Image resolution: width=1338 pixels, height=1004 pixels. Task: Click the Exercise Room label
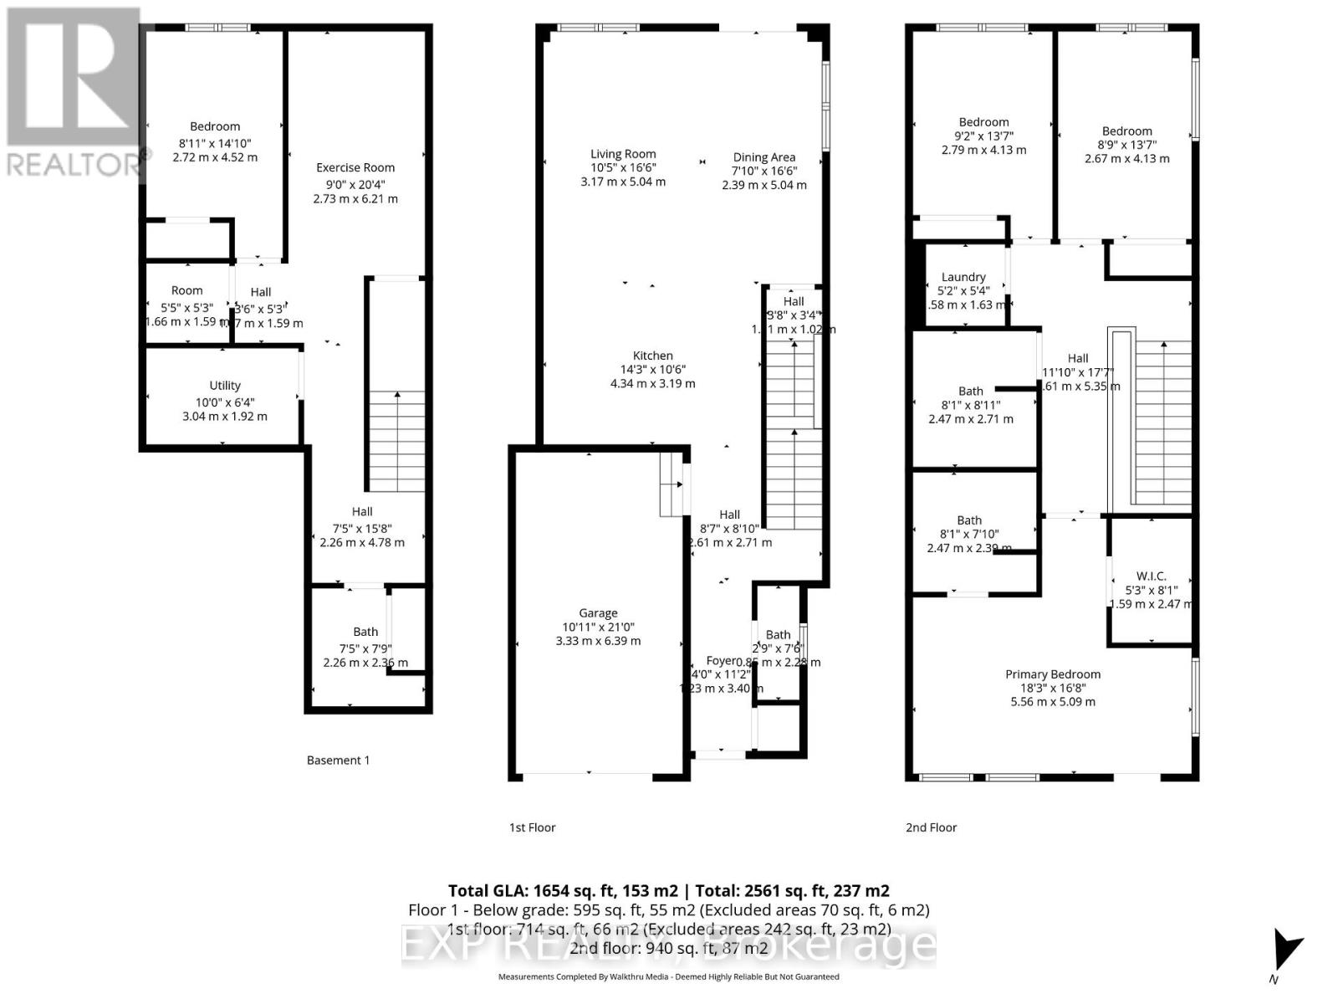click(x=355, y=167)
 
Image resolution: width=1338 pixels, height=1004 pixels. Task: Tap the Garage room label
click(x=598, y=613)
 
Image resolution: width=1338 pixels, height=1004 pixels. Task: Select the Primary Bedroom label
click(x=1052, y=674)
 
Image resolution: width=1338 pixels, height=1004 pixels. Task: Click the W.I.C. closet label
click(x=1151, y=576)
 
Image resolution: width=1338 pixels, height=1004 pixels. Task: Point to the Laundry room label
click(x=963, y=277)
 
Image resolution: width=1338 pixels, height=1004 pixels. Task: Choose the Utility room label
click(x=224, y=386)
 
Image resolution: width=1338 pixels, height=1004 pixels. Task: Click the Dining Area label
click(x=763, y=157)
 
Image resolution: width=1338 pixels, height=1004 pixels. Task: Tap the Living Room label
click(x=623, y=154)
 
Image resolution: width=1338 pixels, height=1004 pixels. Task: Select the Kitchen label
click(x=652, y=356)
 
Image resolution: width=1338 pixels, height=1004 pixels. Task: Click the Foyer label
click(x=723, y=661)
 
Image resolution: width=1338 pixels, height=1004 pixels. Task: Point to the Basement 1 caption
click(x=338, y=761)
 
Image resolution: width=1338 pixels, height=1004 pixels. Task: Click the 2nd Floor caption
click(x=931, y=827)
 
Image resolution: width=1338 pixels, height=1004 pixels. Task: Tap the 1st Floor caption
click(x=533, y=827)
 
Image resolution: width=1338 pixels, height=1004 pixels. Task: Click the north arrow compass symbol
click(x=1285, y=954)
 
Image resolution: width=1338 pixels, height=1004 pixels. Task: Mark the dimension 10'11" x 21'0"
click(x=598, y=627)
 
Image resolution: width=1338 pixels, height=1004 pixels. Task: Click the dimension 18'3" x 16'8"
click(x=1052, y=688)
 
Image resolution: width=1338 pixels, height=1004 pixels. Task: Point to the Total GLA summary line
click(x=668, y=891)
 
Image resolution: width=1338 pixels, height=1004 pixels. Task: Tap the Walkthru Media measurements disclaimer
click(x=668, y=976)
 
